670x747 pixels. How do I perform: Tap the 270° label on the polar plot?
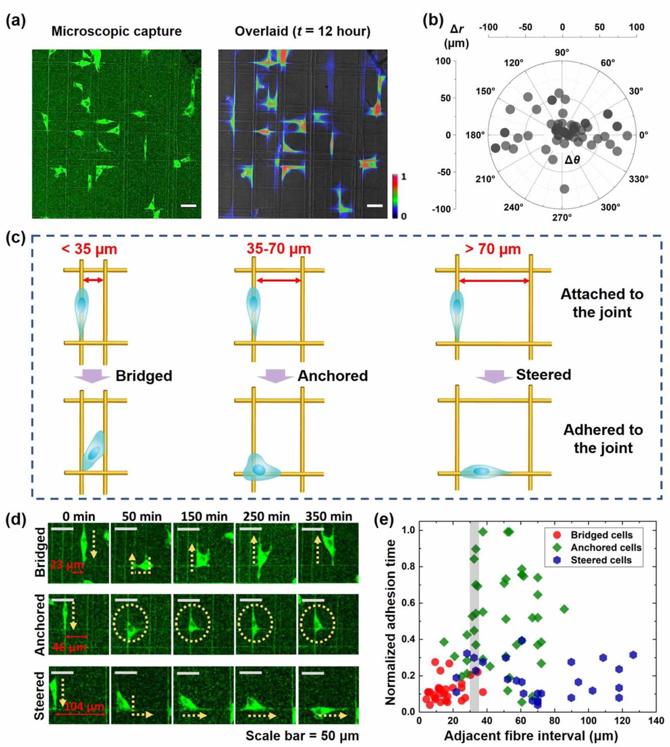562,218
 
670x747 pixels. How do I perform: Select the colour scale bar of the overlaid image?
395,196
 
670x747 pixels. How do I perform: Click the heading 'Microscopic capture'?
117,31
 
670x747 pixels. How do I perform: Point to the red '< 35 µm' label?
89,249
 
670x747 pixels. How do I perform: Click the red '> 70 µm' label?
493,249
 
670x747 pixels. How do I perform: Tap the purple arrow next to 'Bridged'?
92,376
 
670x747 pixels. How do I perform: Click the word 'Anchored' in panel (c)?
332,376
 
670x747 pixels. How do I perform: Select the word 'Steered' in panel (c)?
543,374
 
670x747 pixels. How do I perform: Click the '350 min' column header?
329,516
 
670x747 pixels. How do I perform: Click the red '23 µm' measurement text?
67,564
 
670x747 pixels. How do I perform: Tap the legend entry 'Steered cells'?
601,560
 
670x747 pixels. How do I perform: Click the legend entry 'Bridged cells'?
601,535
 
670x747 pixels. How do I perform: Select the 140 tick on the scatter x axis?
656,721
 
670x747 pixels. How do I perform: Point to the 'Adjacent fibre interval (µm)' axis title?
531,735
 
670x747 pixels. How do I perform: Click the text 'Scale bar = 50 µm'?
302,736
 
